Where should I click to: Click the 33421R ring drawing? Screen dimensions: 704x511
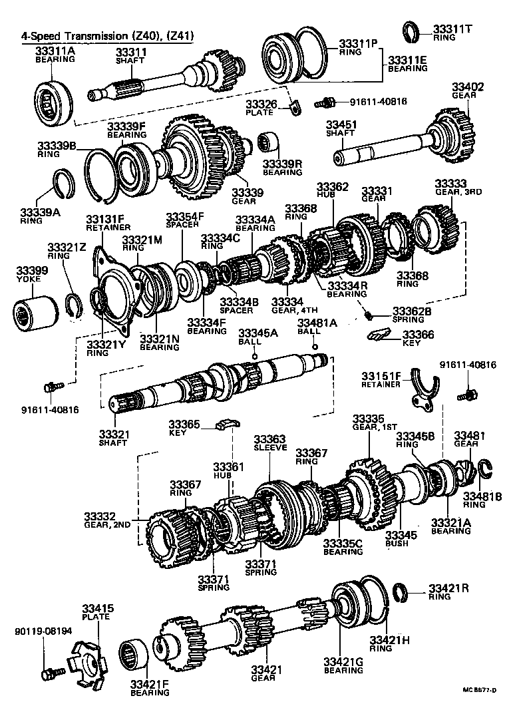click(401, 590)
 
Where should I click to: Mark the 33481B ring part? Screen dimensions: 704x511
click(484, 469)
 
